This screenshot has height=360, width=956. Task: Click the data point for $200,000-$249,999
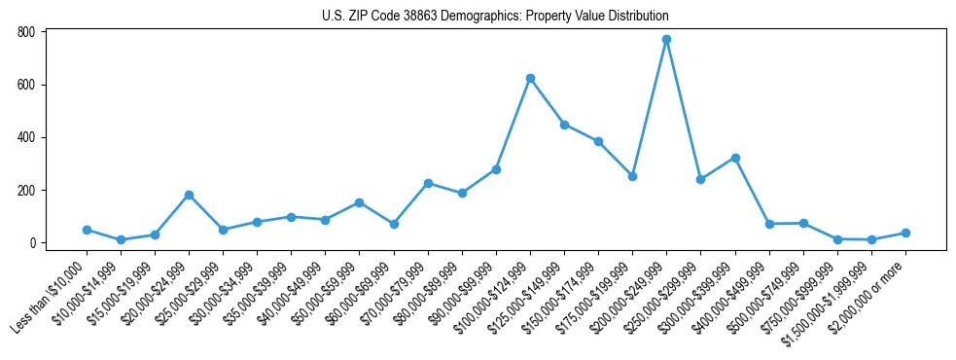click(x=666, y=40)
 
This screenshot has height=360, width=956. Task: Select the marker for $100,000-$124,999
click(x=530, y=78)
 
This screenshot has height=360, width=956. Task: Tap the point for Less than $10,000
click(x=87, y=231)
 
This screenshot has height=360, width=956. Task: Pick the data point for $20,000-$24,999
click(x=189, y=196)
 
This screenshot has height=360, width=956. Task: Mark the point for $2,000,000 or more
click(x=905, y=234)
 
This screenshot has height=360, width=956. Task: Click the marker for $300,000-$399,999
click(x=735, y=158)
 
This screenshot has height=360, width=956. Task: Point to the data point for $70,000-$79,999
click(x=428, y=183)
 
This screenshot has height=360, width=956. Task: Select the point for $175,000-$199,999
click(x=632, y=177)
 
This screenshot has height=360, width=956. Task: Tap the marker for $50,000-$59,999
click(x=359, y=202)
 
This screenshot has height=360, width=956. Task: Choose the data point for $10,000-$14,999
click(x=121, y=240)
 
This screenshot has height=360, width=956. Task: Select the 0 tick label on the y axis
click(x=32, y=243)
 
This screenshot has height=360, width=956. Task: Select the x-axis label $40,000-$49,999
click(x=293, y=293)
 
